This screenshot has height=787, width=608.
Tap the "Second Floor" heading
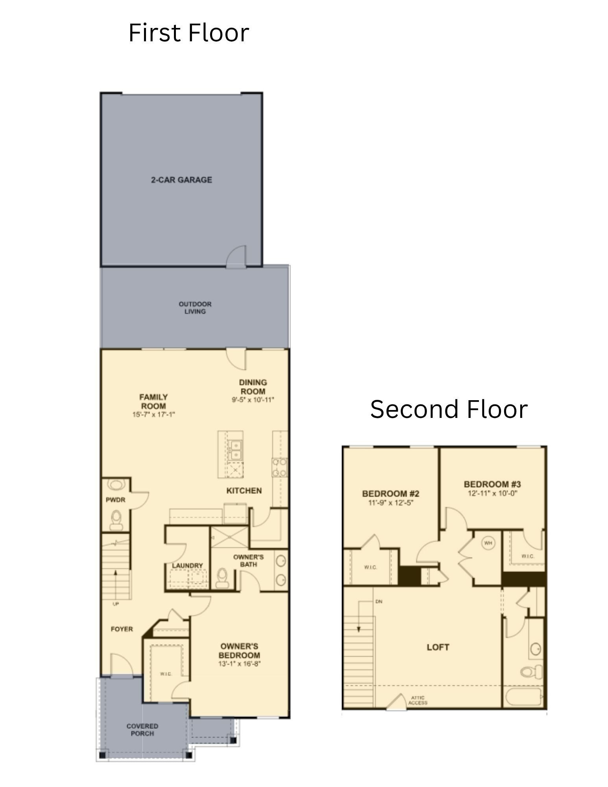point(449,409)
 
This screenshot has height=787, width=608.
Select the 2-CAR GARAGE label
point(181,180)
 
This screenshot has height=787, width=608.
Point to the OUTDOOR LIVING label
point(195,308)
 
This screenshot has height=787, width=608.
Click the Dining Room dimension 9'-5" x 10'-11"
point(253,400)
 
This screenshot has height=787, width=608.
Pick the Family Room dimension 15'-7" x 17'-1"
point(153,414)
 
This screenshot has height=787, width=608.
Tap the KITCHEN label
point(244,491)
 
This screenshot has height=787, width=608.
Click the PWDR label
point(115,500)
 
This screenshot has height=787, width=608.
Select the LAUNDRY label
point(187,565)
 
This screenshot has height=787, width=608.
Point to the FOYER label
point(122,629)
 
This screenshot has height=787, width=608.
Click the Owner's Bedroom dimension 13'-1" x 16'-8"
point(240,664)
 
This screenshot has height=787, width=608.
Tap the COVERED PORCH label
point(142,730)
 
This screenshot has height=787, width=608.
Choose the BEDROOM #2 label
point(391,493)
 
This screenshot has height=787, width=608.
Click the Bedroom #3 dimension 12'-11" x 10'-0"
point(492,493)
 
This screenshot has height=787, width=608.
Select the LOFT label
point(438,647)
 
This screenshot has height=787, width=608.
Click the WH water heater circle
point(488,543)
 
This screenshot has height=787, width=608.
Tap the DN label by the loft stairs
point(379,602)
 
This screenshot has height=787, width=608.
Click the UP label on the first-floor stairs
point(116,604)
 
